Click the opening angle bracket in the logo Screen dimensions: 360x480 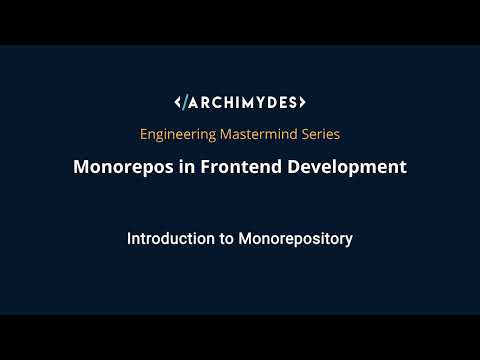pos(178,102)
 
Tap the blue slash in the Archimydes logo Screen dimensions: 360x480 pos(185,102)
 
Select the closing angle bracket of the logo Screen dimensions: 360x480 pos(302,102)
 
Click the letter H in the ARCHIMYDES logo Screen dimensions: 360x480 pos(224,102)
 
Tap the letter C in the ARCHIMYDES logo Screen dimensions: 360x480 pos(213,102)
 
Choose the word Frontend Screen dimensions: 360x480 pos(236,167)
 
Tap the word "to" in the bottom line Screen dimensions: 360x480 pos(222,240)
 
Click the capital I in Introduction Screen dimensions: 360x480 pos(129,240)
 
